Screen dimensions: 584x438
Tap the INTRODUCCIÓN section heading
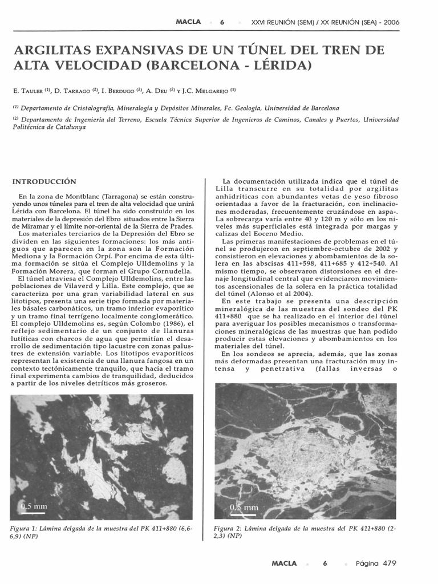point(44,181)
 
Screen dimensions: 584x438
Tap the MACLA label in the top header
point(188,22)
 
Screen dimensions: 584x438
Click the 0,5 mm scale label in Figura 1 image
point(34,506)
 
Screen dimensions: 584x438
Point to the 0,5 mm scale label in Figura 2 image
point(244,507)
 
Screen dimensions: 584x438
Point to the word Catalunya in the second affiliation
point(67,128)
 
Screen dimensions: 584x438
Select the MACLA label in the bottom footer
point(283,563)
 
